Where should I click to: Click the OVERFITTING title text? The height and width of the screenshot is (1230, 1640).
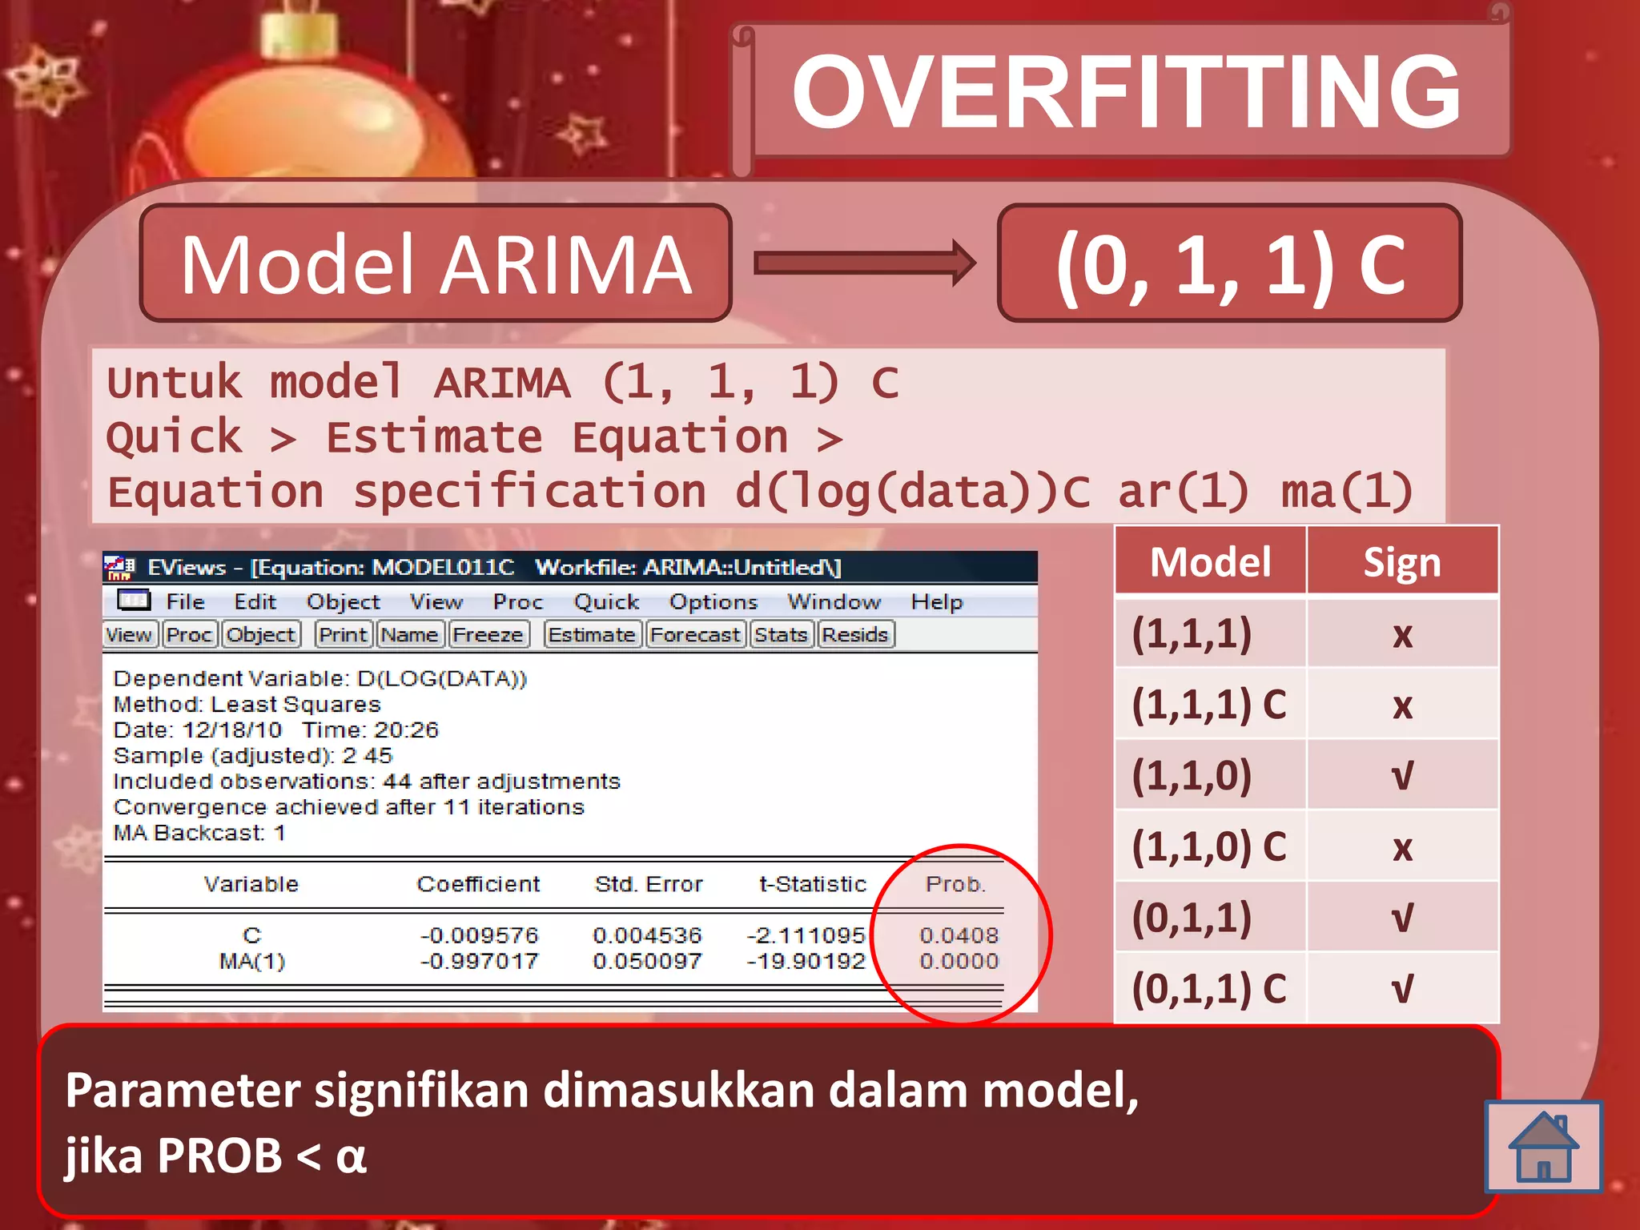(1126, 91)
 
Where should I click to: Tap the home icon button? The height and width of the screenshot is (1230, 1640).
(1543, 1147)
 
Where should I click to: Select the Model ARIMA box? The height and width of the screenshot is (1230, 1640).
(436, 263)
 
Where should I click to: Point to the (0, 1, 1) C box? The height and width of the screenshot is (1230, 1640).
(1229, 263)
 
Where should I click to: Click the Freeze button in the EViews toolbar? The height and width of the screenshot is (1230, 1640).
(488, 635)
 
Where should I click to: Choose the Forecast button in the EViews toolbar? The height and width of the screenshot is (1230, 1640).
(695, 635)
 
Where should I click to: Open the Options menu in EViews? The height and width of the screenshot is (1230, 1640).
(713, 602)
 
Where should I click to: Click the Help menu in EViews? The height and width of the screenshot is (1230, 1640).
(937, 602)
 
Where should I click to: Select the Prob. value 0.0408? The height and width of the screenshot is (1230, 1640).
(959, 935)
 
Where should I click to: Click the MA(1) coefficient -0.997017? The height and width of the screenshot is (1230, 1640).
(479, 961)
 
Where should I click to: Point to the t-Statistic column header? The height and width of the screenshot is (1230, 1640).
(812, 884)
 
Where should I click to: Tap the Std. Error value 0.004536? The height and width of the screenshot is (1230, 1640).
(647, 935)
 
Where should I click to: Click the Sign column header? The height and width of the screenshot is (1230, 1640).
(1402, 562)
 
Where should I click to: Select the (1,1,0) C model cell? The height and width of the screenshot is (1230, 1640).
(1209, 846)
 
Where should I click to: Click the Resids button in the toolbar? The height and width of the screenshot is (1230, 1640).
(855, 635)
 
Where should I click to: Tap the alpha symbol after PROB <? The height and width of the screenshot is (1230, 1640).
(351, 1156)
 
